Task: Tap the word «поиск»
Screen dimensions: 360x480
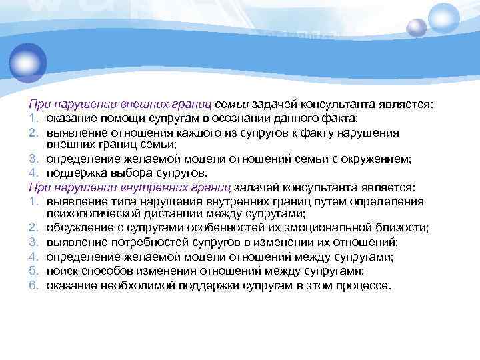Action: tap(63, 271)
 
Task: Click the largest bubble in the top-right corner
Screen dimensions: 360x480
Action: tap(443, 17)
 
